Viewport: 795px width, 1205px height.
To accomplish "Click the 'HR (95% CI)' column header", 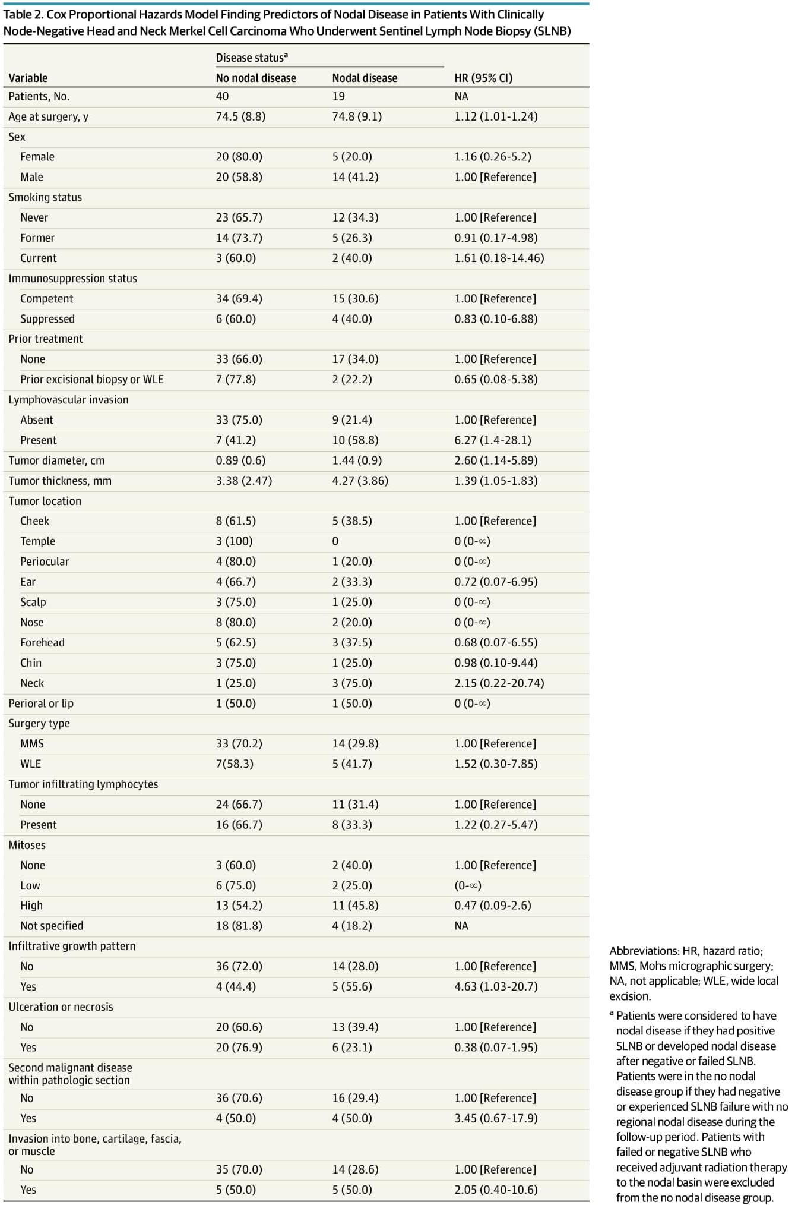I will point(483,78).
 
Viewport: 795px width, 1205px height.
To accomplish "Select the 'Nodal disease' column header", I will point(365,78).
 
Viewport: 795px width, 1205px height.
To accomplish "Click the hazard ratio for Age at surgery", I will point(496,116).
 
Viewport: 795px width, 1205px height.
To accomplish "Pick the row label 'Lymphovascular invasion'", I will point(68,400).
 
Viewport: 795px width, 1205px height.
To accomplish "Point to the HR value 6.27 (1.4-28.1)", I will point(493,440).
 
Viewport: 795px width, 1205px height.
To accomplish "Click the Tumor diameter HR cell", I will point(496,460).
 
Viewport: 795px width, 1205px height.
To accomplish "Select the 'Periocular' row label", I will point(45,562).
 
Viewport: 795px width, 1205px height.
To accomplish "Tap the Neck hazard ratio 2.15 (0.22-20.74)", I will point(499,683).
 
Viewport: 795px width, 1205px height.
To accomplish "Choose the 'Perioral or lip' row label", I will point(41,704).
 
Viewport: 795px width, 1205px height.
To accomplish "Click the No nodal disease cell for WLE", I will point(235,764).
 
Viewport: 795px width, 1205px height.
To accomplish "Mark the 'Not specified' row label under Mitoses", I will point(52,926).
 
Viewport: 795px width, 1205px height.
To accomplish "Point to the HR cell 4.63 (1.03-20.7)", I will point(496,986).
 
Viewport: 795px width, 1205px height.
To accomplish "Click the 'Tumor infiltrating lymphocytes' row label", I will point(83,784).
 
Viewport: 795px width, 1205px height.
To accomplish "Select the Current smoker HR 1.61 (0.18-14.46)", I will point(499,258).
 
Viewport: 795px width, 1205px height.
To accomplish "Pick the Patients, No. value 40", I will point(222,96).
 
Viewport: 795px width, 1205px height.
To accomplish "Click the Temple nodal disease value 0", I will point(335,541).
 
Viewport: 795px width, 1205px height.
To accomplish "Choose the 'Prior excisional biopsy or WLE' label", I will point(91,380).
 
